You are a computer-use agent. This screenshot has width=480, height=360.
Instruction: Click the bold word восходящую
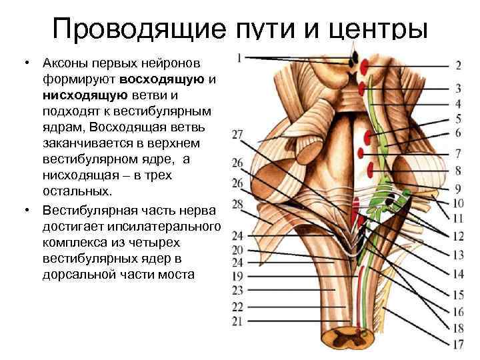(167, 79)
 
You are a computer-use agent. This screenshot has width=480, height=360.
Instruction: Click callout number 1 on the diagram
(238, 57)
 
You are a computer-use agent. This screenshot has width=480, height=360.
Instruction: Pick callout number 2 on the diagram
(459, 65)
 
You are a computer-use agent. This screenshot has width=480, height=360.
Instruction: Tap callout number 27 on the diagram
(238, 135)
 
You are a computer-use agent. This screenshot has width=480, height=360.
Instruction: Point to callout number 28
(238, 203)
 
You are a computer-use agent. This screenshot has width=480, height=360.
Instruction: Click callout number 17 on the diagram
(457, 345)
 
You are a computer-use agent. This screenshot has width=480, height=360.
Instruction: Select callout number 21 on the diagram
(238, 321)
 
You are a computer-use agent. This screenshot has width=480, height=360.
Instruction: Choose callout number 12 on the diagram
(457, 236)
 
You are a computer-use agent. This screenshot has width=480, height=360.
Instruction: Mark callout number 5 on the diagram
(459, 119)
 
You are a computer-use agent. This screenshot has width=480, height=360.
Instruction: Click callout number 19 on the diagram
(238, 275)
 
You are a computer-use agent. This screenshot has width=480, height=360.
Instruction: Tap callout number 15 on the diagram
(457, 294)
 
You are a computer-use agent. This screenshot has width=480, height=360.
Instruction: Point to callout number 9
(459, 188)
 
